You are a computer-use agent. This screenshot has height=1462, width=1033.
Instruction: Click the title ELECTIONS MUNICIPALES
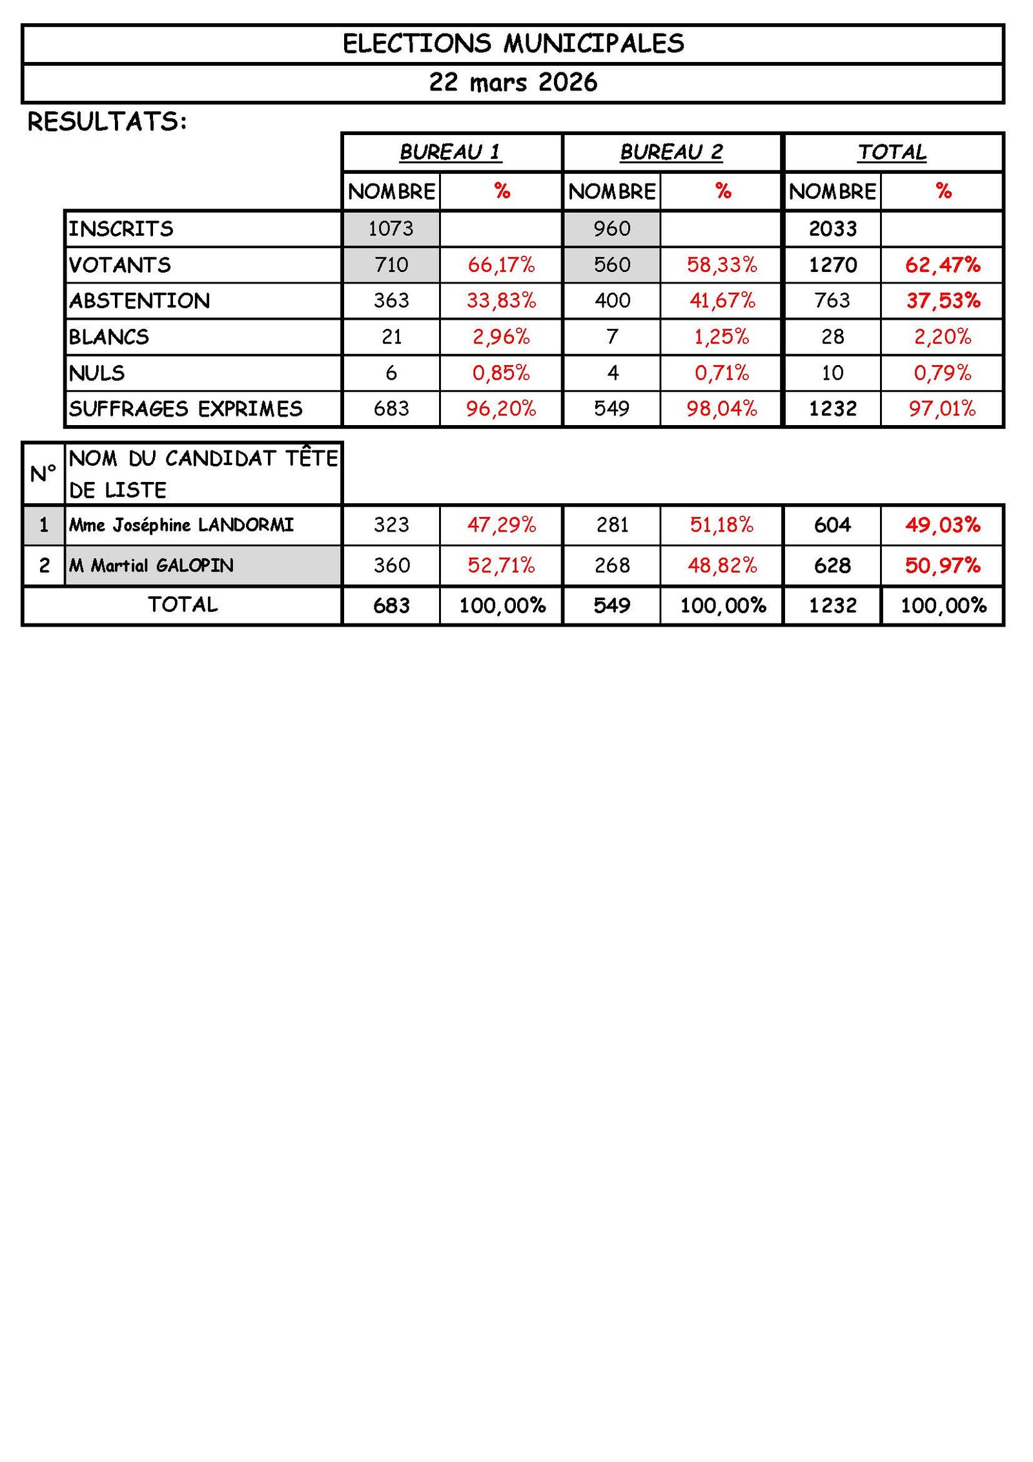click(513, 44)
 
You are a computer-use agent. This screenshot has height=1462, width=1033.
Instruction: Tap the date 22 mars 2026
click(513, 83)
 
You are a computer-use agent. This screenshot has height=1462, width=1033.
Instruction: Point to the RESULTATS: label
click(107, 121)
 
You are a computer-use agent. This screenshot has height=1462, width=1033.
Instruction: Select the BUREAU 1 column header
click(451, 152)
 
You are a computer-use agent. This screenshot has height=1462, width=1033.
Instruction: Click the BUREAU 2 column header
click(671, 152)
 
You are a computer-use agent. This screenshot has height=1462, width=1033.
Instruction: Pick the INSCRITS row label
click(121, 229)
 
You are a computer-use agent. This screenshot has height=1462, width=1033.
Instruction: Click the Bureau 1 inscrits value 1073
click(391, 229)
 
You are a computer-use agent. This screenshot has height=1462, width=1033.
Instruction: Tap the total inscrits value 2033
click(832, 229)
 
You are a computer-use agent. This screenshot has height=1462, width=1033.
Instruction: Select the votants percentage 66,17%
click(501, 265)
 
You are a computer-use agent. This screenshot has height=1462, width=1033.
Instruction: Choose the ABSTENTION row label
click(139, 301)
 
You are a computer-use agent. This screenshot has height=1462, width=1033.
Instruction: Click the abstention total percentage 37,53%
click(943, 301)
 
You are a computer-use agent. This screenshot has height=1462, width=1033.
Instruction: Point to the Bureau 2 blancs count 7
click(612, 337)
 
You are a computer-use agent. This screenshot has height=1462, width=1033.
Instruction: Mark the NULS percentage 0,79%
click(942, 373)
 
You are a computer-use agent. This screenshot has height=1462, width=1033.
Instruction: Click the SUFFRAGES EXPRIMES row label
click(186, 409)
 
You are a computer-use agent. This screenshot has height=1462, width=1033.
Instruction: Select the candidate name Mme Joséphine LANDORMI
click(181, 525)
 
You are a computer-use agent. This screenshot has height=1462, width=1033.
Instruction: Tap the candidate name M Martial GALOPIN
click(152, 565)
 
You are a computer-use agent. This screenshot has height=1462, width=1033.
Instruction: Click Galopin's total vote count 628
click(832, 565)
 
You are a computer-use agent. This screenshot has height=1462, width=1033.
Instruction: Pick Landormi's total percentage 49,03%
click(943, 525)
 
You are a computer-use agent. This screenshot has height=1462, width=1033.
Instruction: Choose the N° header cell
click(43, 474)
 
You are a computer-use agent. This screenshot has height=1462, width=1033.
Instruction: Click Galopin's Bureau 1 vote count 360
click(391, 565)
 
